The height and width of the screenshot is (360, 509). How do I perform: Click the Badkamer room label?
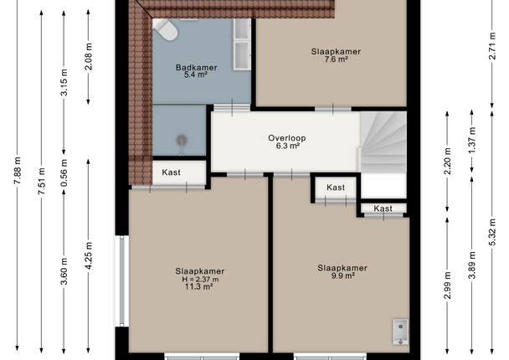[196, 68]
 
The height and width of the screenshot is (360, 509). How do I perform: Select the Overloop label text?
[287, 138]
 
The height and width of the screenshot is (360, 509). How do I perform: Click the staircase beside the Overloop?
[383, 141]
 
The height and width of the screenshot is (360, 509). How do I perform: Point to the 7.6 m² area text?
[336, 59]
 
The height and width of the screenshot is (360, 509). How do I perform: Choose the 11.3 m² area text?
[198, 286]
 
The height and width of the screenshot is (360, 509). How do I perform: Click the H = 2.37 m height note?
[200, 279]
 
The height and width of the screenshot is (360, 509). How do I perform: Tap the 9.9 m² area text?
[342, 276]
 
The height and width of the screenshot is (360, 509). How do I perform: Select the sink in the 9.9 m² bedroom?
[401, 332]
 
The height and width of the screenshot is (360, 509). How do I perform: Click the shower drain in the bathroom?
[182, 141]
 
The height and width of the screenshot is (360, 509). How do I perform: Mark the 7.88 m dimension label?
[18, 171]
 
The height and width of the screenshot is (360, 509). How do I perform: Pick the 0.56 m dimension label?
[64, 172]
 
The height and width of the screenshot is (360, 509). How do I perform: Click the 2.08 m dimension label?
[88, 56]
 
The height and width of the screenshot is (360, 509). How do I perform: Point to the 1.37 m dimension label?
[472, 141]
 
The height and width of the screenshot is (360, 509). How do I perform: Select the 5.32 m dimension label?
[492, 232]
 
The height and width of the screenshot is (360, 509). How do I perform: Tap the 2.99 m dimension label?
[447, 285]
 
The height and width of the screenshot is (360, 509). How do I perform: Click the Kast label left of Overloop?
[171, 172]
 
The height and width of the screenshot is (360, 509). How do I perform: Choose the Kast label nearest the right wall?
[383, 208]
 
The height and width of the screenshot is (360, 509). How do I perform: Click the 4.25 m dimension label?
[88, 255]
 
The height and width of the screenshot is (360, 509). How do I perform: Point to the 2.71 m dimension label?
[492, 46]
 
